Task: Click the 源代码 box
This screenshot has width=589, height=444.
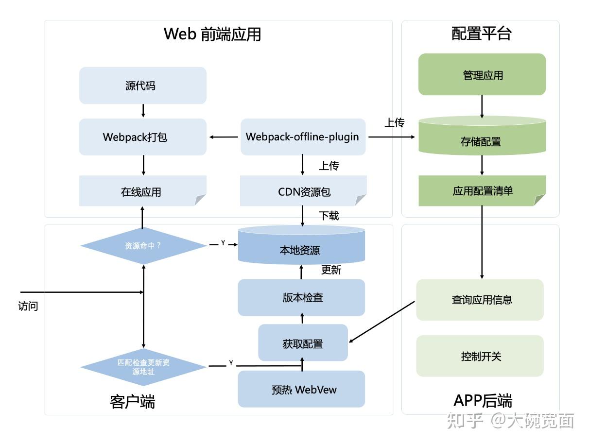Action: pos(142,86)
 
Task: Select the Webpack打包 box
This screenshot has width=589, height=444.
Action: pos(142,137)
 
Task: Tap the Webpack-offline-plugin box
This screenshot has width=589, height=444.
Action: pos(303,137)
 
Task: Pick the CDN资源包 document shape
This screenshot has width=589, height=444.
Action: pos(303,191)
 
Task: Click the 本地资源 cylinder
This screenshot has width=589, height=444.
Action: pos(301,250)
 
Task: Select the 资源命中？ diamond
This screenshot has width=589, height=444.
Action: pos(143,246)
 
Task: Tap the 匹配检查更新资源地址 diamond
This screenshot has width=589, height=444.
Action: pos(143,367)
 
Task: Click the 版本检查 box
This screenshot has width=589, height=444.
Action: pos(301,297)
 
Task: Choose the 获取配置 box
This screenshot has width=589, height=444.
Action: pos(303,343)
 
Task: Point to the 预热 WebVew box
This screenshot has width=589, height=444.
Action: pos(301,389)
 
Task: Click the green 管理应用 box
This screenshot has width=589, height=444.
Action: pos(482,75)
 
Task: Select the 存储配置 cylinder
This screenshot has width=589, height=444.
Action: pos(481,141)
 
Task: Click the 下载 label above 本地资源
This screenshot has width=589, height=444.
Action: pos(329,215)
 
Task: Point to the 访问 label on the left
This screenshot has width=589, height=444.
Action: pos(28,306)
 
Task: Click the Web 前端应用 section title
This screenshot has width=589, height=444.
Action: pos(212,34)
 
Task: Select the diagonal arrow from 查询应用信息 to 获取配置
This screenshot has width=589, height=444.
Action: pos(382,322)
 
